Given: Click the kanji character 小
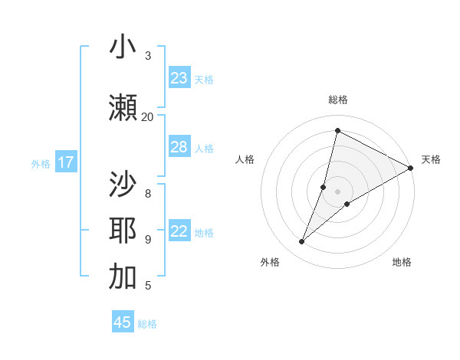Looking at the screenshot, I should click(x=123, y=47).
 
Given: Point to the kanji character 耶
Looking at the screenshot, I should click(x=123, y=231).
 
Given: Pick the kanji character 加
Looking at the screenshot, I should click(x=123, y=277).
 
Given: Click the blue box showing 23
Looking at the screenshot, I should click(x=179, y=78).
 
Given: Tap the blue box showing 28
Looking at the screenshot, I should click(x=179, y=147).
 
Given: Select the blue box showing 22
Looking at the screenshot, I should click(x=179, y=231).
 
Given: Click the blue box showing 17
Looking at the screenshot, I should click(x=66, y=162).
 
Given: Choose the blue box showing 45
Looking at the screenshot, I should click(x=123, y=322).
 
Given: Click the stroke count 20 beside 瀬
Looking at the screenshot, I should click(x=147, y=116).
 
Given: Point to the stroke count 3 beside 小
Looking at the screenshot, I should click(x=148, y=56).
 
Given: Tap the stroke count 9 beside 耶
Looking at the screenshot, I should click(x=148, y=240).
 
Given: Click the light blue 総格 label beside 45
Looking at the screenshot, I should click(x=147, y=324).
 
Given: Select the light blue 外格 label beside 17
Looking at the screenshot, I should click(x=41, y=163).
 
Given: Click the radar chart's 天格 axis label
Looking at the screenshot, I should click(x=431, y=159).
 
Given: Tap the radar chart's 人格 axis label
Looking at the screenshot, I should click(x=245, y=159).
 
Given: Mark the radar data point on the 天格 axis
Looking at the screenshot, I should click(x=411, y=168).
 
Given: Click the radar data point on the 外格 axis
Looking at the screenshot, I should click(x=302, y=242).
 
